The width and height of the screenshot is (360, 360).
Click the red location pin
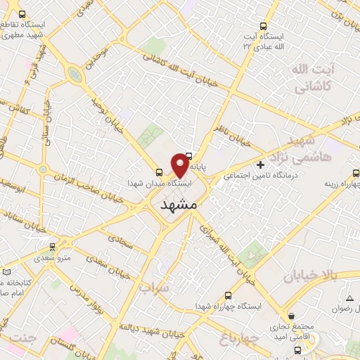pyautogui.click(x=181, y=165)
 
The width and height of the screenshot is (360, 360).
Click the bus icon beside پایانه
pyautogui.click(x=190, y=156)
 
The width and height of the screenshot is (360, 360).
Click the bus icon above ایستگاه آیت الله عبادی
pyautogui.click(x=263, y=25)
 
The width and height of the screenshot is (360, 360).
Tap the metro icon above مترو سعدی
pyautogui.click(x=52, y=247)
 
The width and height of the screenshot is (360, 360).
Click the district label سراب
pyautogui.click(x=154, y=288)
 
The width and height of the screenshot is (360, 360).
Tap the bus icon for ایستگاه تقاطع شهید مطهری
pyautogui.click(x=23, y=14)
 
